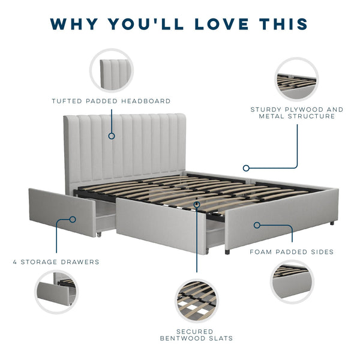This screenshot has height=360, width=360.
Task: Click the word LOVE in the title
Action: tap(222, 24)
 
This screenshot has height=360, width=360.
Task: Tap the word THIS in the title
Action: tap(284, 24)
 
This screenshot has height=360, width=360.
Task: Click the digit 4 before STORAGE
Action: tap(15, 262)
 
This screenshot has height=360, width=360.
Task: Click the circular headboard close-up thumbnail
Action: tap(112, 70)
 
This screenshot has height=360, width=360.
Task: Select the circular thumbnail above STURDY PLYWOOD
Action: tap(296, 79)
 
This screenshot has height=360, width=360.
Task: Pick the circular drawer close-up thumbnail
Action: tap(56, 292)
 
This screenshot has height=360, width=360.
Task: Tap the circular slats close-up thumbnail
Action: tap(197, 301)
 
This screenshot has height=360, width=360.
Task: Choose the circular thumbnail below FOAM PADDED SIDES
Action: tap(292, 282)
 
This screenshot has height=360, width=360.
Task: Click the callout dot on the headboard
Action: tap(112, 136)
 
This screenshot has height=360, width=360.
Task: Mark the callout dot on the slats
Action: tap(197, 205)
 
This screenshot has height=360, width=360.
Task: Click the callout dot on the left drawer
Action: tap(73, 220)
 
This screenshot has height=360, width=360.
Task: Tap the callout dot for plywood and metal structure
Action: tap(246, 168)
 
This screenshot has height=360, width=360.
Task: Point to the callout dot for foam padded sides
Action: tap(257, 225)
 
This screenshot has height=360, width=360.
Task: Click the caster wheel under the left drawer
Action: tap(99, 235)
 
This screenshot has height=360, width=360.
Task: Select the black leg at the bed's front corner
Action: tap(227, 252)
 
